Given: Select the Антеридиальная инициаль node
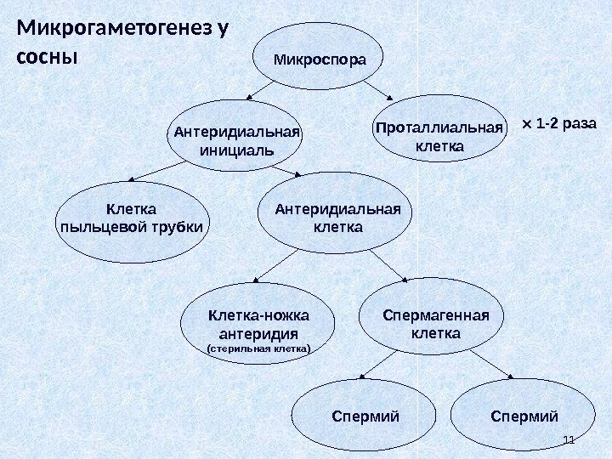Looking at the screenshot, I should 235,135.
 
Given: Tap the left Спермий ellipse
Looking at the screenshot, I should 363,416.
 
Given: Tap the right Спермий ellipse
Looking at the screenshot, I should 524,416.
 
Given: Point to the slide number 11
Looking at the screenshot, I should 569,439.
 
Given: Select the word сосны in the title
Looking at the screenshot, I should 47,59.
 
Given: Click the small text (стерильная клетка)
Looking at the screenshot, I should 259,348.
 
